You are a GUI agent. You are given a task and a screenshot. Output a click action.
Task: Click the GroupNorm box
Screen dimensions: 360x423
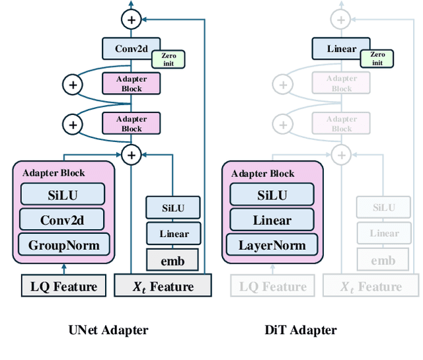point(63,246)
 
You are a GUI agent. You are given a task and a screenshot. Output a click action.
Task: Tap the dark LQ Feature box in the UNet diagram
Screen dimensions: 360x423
point(63,286)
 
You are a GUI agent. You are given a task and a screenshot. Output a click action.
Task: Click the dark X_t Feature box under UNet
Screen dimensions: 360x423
point(163,286)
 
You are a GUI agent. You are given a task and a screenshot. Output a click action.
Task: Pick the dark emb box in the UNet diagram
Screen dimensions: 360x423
point(173,260)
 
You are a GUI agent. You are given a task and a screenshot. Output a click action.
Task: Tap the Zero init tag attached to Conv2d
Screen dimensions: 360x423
point(169,59)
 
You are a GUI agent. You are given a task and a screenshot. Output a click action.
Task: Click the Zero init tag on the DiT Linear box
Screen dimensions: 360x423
point(377,59)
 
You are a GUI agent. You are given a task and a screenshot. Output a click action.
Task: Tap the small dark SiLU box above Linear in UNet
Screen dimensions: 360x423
point(173,208)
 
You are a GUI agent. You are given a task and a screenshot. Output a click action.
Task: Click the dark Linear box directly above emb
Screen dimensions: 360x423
point(173,234)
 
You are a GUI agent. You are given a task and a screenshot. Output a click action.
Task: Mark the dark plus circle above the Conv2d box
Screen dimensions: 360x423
point(131,20)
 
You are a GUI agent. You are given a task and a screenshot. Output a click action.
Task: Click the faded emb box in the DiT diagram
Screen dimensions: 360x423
point(383,260)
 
